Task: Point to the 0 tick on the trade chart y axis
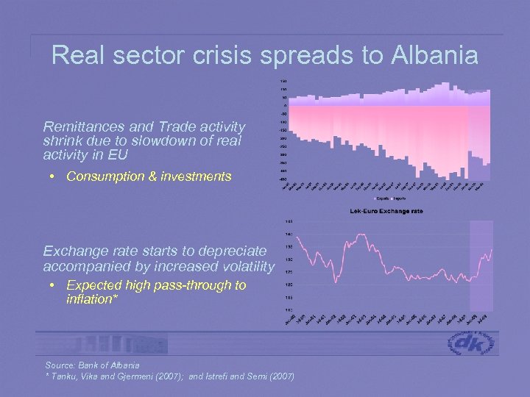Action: click(285, 105)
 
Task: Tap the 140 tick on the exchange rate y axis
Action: click(289, 234)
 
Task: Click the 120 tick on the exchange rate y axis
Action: click(289, 285)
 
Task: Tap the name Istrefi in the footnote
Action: click(222, 376)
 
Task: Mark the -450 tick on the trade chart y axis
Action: click(283, 179)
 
